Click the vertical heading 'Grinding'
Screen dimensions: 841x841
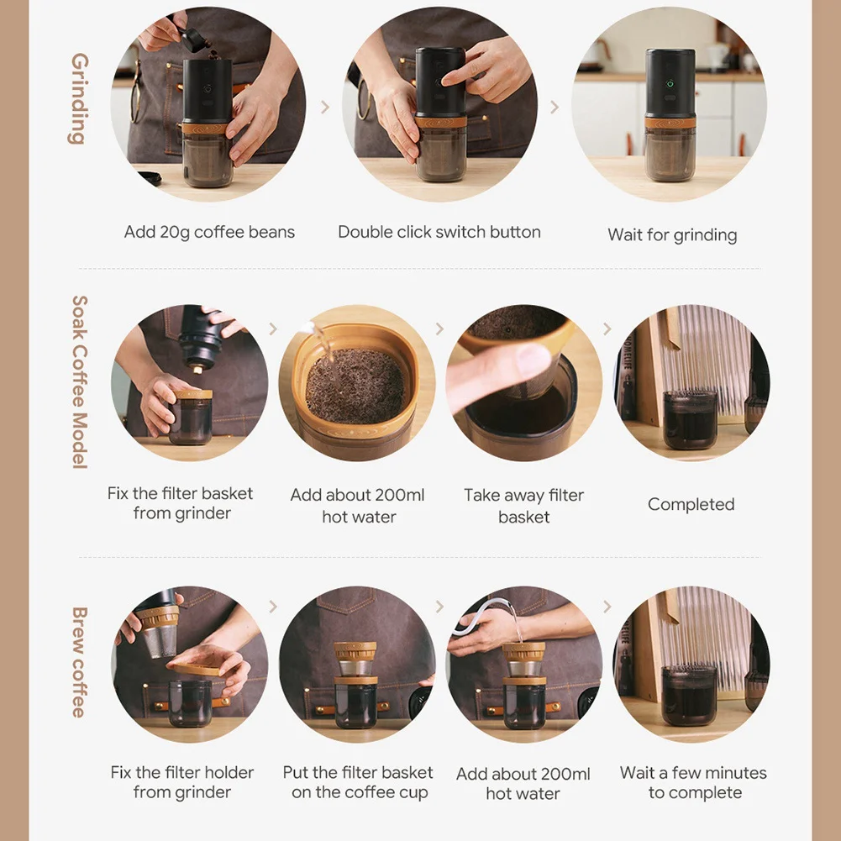coord(78,98)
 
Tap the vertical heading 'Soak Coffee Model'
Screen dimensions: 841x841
coord(79,382)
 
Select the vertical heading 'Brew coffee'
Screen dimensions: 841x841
coord(79,662)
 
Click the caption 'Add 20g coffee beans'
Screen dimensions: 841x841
coord(209,232)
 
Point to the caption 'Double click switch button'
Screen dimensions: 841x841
coord(439,232)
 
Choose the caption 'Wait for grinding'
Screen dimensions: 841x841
coord(672,235)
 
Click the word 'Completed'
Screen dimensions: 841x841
coord(691,504)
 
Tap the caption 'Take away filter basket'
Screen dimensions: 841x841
coord(524,506)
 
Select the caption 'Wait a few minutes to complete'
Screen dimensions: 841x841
coord(693,782)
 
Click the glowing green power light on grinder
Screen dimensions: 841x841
coord(670,84)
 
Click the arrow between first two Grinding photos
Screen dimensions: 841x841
coord(325,108)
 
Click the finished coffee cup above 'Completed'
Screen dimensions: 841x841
coord(691,420)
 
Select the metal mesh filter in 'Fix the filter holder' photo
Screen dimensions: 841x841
coord(161,640)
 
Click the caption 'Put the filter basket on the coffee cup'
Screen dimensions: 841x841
coord(358,782)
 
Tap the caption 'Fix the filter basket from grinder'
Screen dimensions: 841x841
coord(181,503)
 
